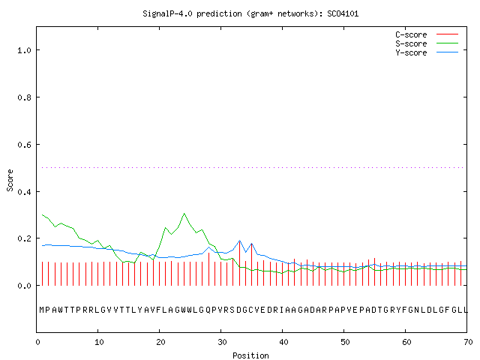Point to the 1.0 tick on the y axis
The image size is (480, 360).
(24, 50)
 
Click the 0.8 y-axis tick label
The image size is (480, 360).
(24, 97)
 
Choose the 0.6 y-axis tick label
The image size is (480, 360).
(24, 145)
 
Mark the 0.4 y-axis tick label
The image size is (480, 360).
(24, 192)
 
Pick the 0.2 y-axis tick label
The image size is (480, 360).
(24, 238)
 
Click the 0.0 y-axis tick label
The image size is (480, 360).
(24, 286)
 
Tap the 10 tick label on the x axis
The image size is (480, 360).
(99, 342)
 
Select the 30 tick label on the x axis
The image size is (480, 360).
(222, 342)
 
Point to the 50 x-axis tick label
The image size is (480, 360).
(345, 342)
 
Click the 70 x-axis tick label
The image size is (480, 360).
(468, 342)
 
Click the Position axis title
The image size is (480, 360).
(250, 355)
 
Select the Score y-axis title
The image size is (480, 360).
(10, 180)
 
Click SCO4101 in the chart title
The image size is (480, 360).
(343, 13)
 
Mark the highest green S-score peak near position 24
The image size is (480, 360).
(184, 213)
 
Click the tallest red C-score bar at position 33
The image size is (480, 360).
(239, 263)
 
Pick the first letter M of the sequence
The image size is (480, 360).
(42, 310)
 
